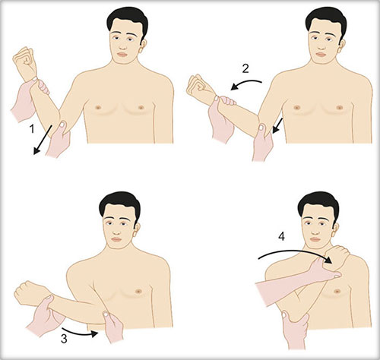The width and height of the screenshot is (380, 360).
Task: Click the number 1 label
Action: click(x=32, y=129)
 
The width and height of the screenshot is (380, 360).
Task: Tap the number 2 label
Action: click(x=245, y=69)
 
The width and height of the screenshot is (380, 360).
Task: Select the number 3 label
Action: click(x=64, y=339)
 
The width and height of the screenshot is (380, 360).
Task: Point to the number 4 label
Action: click(x=281, y=236)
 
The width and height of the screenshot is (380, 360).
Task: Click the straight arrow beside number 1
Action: click(x=43, y=140)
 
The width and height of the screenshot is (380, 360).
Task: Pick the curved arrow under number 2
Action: click(x=245, y=84)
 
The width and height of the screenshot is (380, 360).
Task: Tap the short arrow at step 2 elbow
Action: click(x=277, y=125)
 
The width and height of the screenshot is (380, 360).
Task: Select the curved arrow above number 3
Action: click(x=80, y=333)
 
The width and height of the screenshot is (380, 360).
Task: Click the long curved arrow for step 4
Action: click(x=295, y=254)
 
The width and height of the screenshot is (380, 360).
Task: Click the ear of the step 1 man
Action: click(x=143, y=46)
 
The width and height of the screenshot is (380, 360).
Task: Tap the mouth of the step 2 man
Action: click(x=321, y=55)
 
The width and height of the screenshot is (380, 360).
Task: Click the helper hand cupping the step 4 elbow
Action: click(x=295, y=329)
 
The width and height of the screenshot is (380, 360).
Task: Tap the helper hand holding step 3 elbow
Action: click(x=113, y=327)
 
